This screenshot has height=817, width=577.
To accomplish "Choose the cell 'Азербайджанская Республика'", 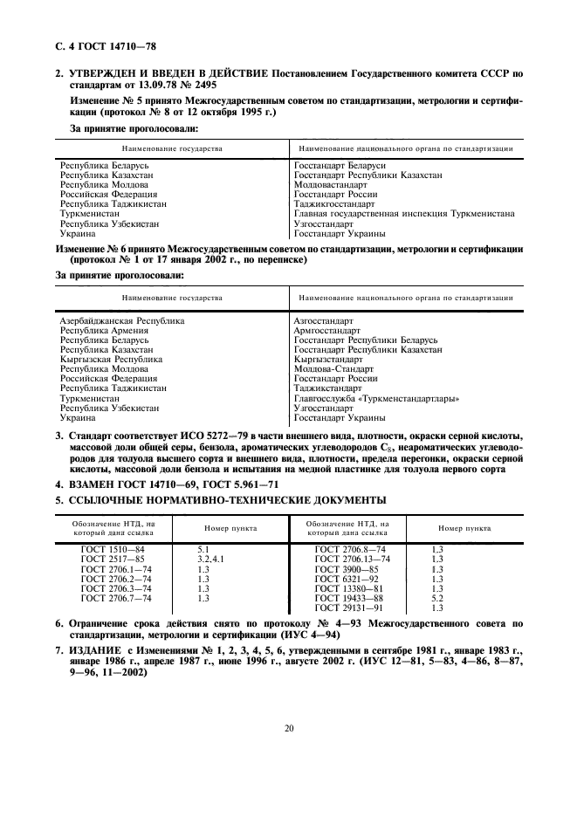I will pos(121,321).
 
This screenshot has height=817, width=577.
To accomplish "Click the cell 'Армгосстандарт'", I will pos(327,331).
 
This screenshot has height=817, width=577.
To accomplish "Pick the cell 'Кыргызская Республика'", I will pos(111,360).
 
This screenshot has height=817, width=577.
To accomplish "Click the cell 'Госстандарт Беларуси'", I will pos(340,165).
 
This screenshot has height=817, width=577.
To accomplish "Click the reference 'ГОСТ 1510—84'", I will pos(113,549).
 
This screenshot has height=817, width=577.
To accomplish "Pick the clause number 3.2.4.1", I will pos(211,559).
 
